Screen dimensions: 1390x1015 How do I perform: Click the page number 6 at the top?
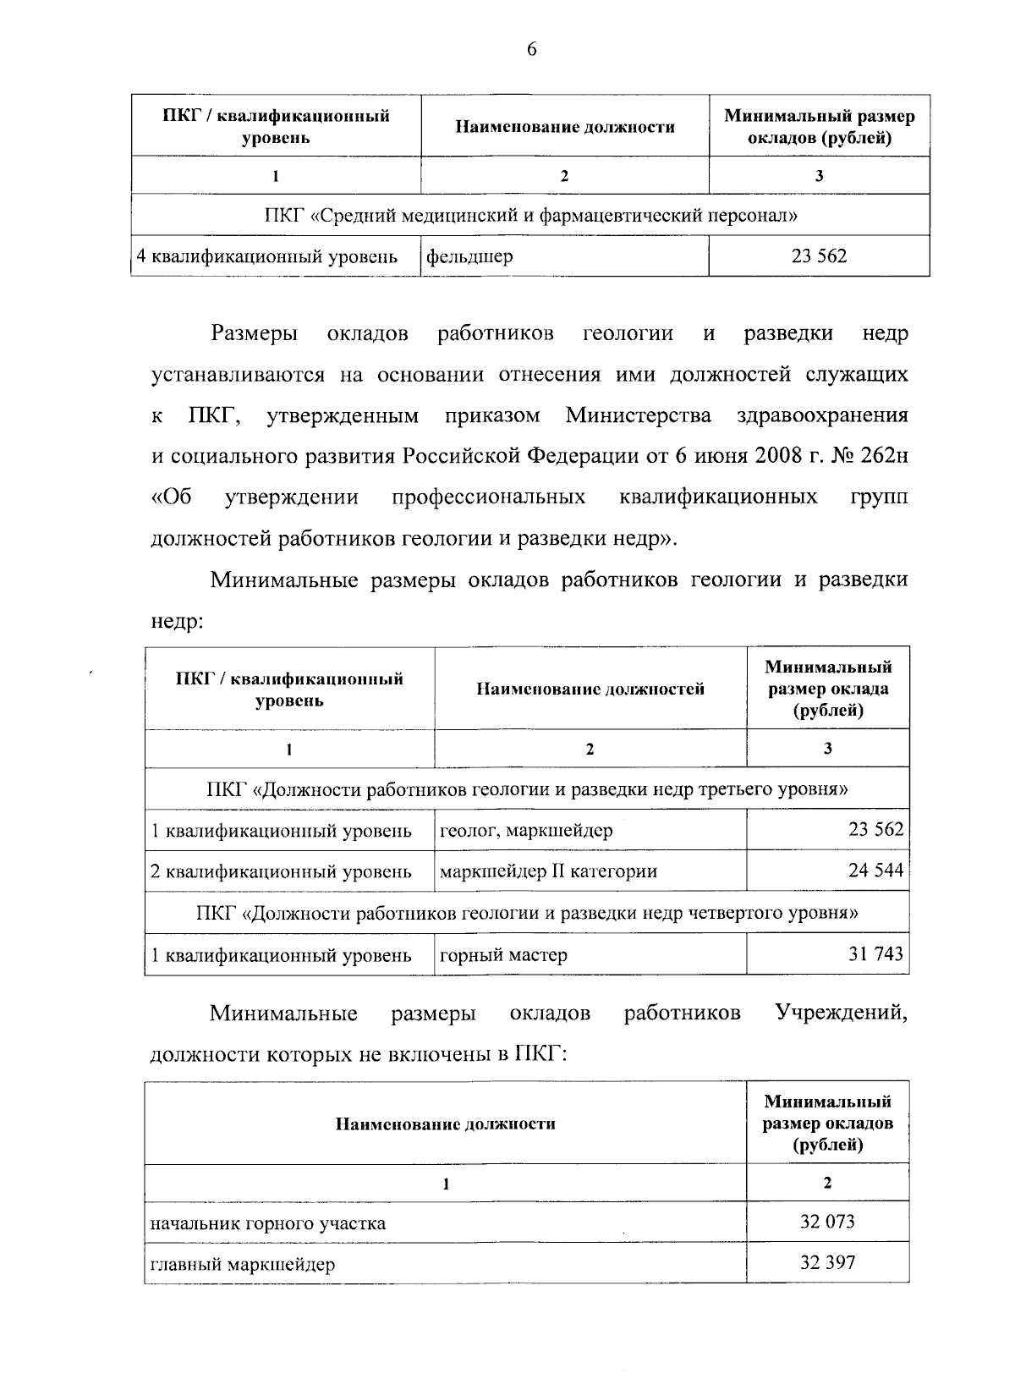(531, 50)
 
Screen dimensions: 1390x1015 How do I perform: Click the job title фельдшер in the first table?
(469, 256)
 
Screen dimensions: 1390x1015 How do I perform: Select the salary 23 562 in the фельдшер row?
(819, 255)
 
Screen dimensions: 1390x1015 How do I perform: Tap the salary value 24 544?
(876, 871)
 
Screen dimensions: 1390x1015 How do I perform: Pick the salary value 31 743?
(876, 954)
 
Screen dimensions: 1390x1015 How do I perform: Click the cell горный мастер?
(504, 955)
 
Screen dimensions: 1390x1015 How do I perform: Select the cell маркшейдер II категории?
(548, 871)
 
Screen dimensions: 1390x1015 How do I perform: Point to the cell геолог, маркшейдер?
(526, 830)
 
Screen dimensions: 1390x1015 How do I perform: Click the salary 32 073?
(827, 1222)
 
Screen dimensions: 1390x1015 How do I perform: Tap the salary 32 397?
(827, 1263)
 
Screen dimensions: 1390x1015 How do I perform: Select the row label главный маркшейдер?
(243, 1264)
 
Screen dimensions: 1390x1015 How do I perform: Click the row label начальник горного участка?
(268, 1222)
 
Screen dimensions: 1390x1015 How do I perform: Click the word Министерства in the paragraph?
(639, 415)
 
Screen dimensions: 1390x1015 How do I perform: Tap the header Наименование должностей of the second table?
(590, 689)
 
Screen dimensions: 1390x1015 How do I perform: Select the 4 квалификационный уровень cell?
(267, 256)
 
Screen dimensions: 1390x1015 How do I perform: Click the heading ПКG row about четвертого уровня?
(526, 913)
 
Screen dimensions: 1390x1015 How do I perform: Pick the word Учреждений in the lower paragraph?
(842, 1013)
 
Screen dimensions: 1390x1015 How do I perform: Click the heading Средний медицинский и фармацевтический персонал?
(531, 215)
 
